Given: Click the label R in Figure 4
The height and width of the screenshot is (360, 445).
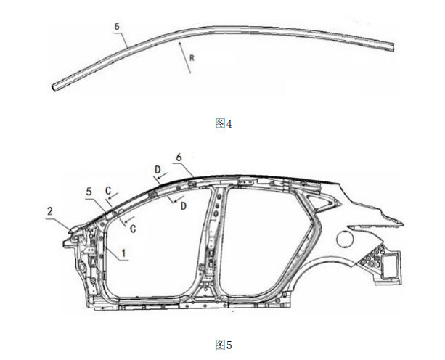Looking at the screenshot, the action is (192, 58).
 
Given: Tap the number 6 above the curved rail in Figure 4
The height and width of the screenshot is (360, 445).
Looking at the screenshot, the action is (117, 27).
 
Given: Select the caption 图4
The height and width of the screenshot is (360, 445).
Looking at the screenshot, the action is (224, 123).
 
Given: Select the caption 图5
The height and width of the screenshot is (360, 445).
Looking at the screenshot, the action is (224, 345).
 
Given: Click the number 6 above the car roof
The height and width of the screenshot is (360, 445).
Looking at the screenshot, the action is (179, 157).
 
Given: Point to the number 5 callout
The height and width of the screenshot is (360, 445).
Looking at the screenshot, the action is (89, 192).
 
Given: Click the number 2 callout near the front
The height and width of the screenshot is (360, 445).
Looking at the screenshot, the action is (50, 211).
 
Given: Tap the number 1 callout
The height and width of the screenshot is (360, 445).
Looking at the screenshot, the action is (123, 253).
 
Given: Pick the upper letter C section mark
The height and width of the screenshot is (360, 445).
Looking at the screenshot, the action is (108, 191).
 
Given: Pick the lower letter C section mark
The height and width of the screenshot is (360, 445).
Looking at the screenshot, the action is (133, 229).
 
